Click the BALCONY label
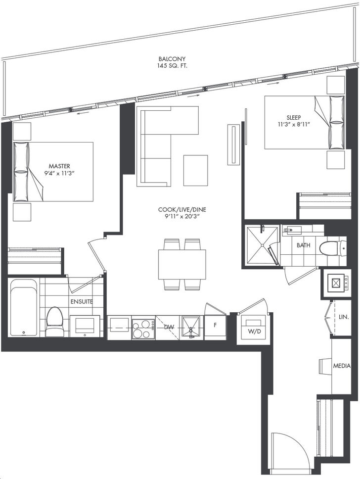tap(172, 59)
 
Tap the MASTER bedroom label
tap(59, 166)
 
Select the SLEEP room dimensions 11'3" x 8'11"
tap(293, 124)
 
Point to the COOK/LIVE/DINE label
tap(182, 210)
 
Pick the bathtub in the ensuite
tap(24, 307)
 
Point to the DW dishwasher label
tap(169, 327)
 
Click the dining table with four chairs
tap(182, 264)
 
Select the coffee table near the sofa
tap(195, 170)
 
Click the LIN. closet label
tap(344, 317)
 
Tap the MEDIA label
tap(342, 366)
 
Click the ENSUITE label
tap(82, 301)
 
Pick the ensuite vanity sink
tap(85, 326)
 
